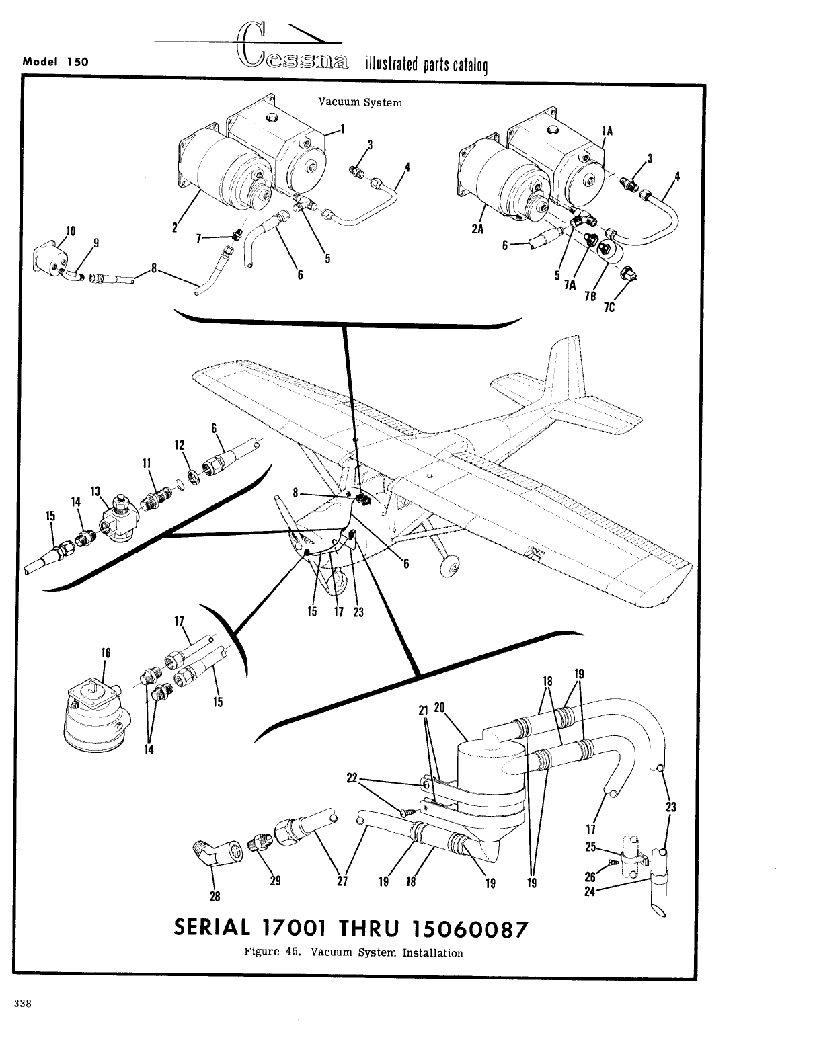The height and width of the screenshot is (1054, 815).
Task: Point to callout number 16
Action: click(x=105, y=653)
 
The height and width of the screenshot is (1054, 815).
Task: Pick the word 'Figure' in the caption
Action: click(x=261, y=952)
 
